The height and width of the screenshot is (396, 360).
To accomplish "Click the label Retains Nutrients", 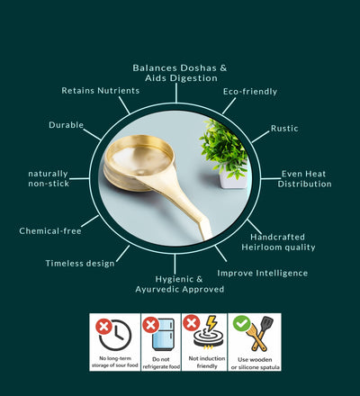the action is (x=101, y=91).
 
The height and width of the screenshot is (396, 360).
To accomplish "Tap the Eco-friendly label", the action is (x=250, y=92).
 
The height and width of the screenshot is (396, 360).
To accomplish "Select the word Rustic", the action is (x=284, y=129).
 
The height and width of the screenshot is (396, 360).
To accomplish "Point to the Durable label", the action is (x=67, y=125).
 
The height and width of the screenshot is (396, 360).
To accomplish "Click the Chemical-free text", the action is (x=50, y=231).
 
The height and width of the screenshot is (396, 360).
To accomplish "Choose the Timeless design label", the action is (x=80, y=264).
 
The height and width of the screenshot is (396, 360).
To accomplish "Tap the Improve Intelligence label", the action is (x=263, y=274).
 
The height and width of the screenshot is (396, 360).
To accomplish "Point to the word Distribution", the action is (x=305, y=184).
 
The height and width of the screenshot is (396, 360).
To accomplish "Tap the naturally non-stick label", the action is (x=49, y=178).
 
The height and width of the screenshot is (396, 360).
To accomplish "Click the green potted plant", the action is (x=224, y=147).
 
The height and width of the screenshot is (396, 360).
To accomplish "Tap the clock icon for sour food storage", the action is (x=116, y=336).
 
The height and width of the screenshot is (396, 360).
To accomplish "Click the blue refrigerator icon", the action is (x=163, y=335).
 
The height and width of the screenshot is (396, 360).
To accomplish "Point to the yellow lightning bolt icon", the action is (x=211, y=323).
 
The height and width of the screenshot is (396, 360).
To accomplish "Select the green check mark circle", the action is (x=242, y=323).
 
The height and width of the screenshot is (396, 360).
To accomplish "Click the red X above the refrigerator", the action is (x=151, y=324).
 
